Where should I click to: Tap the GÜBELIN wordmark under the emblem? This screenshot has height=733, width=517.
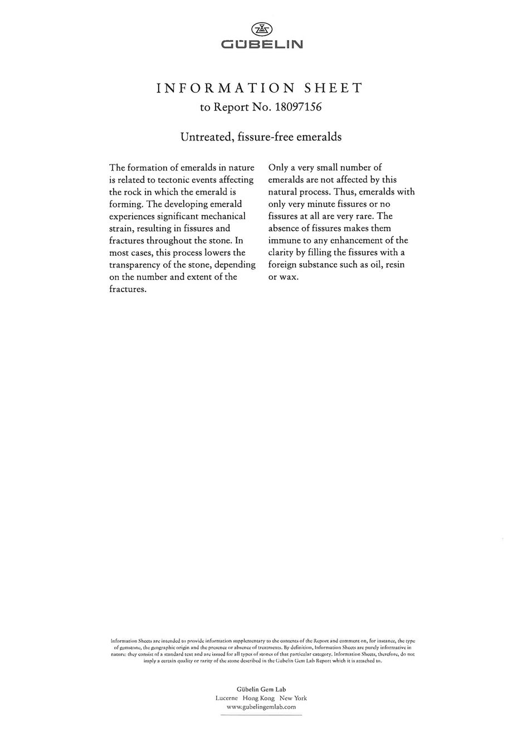pos(261,44)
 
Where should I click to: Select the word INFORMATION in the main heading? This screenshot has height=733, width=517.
pos(225,88)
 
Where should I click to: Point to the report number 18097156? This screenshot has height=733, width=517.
pos(297,107)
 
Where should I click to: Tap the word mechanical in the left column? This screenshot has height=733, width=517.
pos(222,216)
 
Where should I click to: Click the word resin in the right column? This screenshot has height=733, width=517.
pos(395,264)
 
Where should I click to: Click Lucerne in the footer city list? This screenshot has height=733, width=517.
pos(226,698)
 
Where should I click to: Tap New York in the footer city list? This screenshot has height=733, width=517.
pos(293,698)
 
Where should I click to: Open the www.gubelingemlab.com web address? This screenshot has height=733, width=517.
pos(261,706)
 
